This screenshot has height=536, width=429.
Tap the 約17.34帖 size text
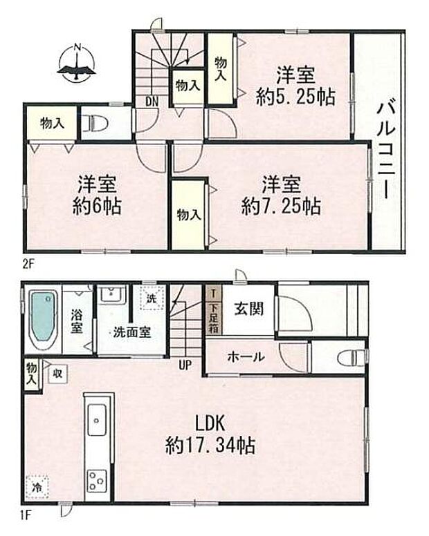click(210, 446)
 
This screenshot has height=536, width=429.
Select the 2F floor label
click(27, 263)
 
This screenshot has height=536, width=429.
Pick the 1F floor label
click(27, 514)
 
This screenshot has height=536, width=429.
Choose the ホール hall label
click(245, 356)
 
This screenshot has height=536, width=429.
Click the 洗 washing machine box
click(152, 299)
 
